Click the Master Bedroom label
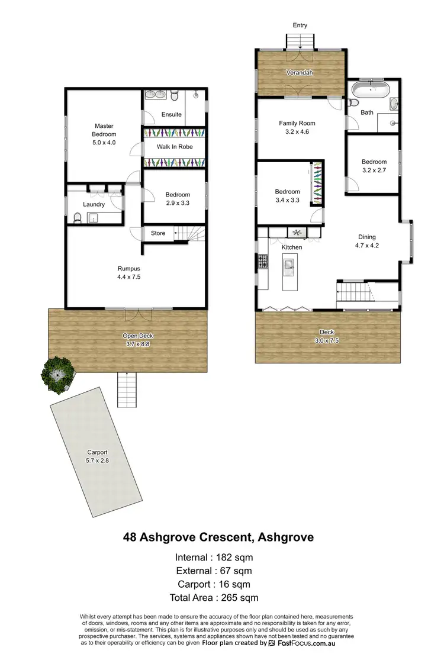[x=104, y=130]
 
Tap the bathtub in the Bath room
[x=370, y=92]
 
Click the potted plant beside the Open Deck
[x=57, y=373]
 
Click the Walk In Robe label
[x=174, y=147]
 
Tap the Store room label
[x=158, y=233]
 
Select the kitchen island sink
[x=289, y=267]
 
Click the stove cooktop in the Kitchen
[x=261, y=261]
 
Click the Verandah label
[x=301, y=73]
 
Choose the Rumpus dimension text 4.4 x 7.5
[x=128, y=276]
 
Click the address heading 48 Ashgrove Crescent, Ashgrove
[x=218, y=537]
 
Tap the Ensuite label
[x=171, y=114]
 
